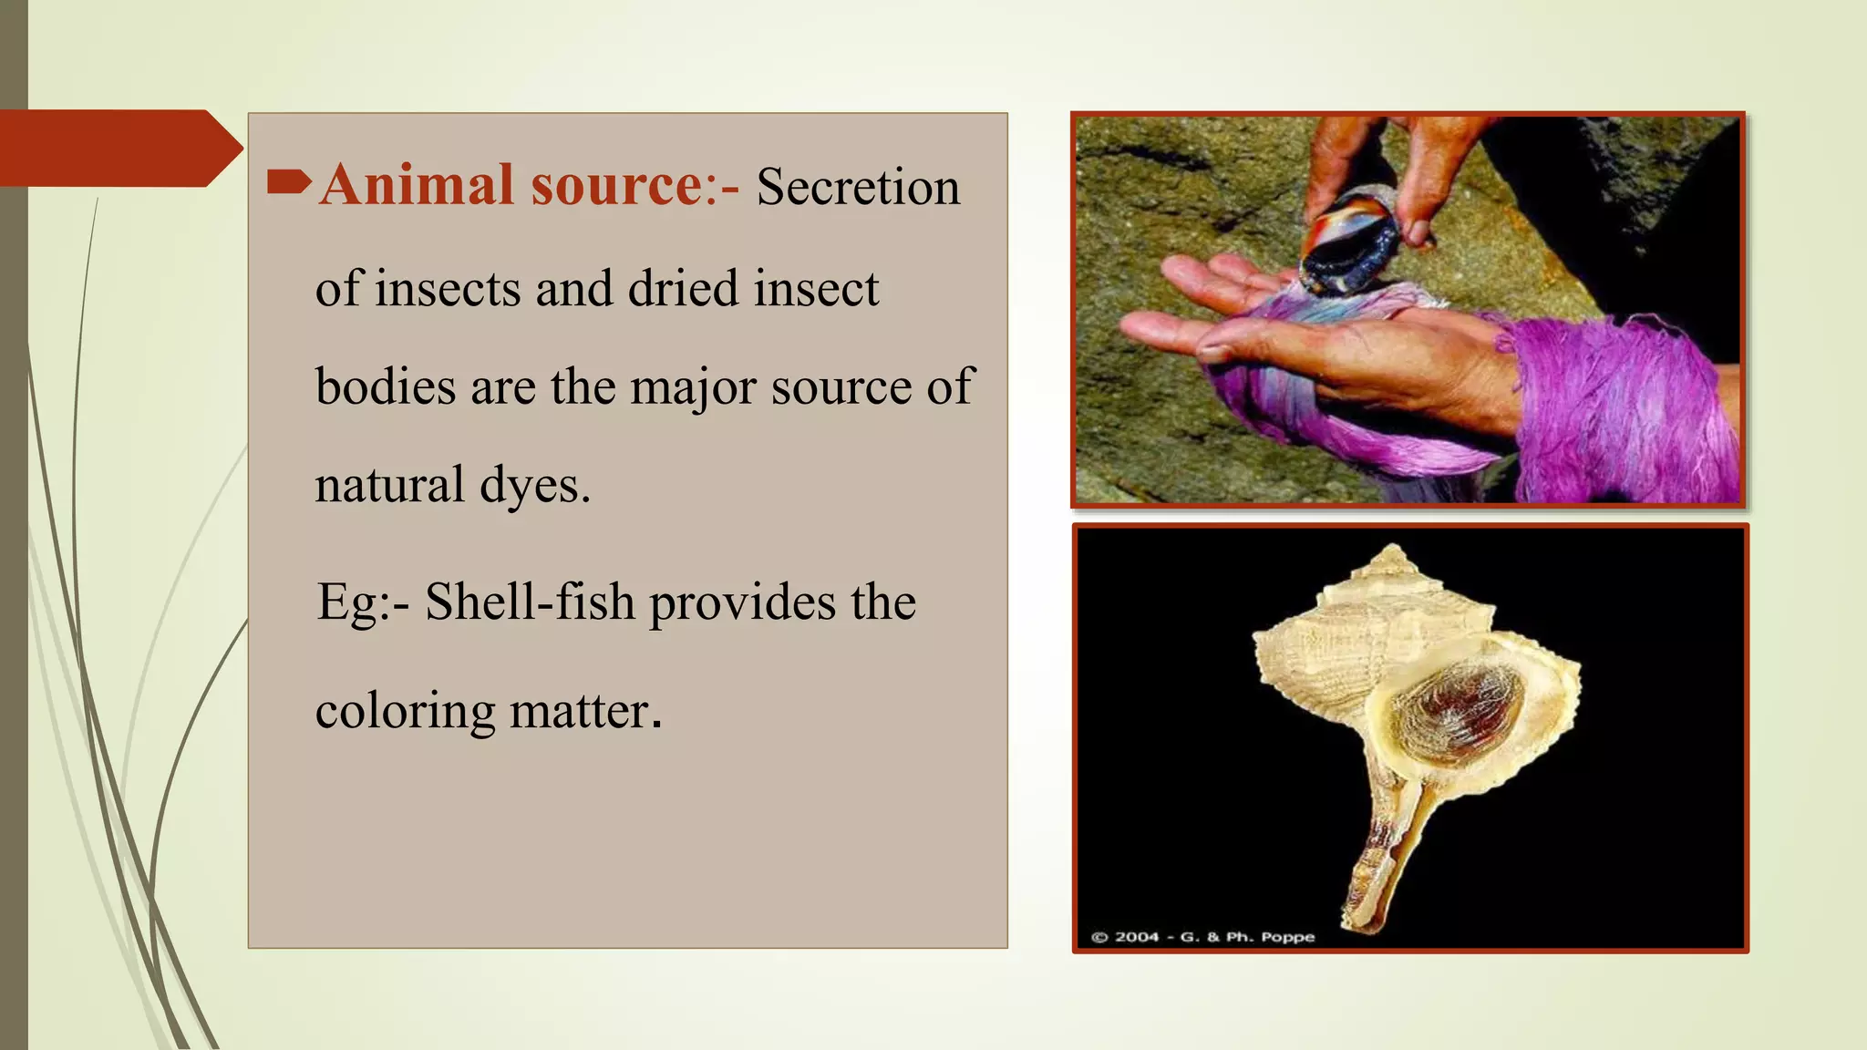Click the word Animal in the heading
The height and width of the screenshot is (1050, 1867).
[417, 186]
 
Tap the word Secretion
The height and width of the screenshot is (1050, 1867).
[857, 188]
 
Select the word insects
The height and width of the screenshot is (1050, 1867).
[448, 290]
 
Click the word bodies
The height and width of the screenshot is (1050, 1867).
[385, 386]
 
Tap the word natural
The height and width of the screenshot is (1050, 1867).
[389, 485]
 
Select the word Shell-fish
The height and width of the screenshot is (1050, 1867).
[530, 602]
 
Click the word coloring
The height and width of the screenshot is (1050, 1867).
[405, 712]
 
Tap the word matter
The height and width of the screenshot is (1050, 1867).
[584, 712]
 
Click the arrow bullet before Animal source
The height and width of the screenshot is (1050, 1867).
[289, 183]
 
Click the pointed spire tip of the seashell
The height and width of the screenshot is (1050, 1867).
[1392, 551]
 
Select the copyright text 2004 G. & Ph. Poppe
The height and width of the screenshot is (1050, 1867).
[1202, 936]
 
